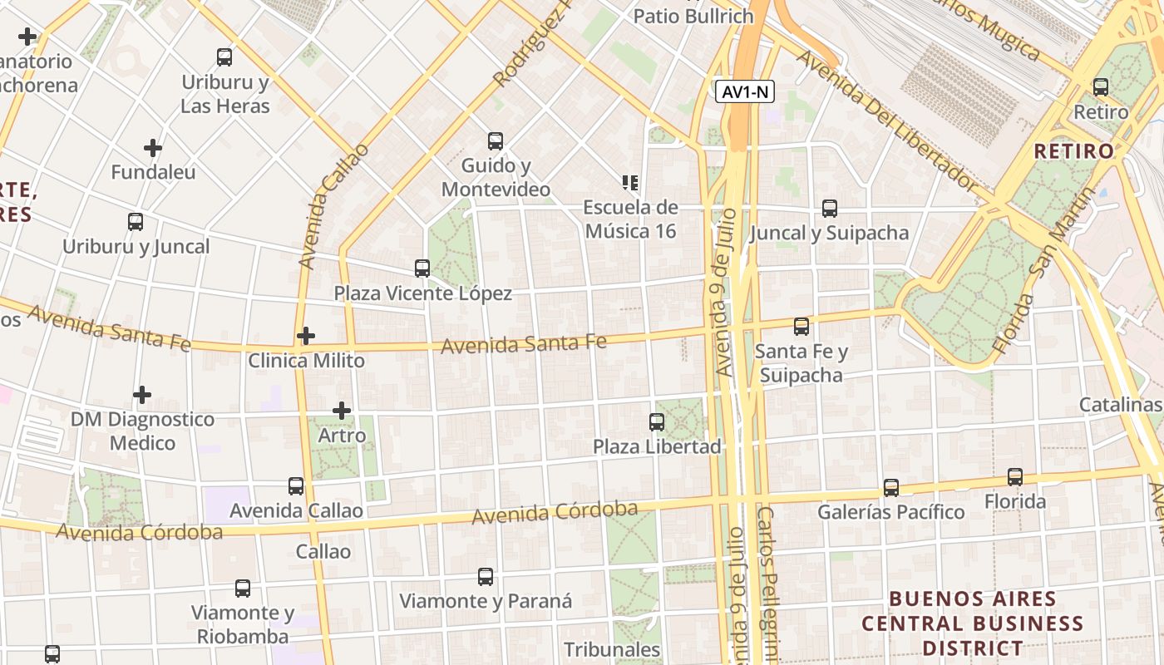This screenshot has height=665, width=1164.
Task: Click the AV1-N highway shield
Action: click(x=745, y=91)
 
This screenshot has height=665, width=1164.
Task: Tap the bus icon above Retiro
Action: click(x=1101, y=86)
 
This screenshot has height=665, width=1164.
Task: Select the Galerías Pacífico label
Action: click(x=890, y=511)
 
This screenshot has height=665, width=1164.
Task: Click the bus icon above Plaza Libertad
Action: click(x=657, y=422)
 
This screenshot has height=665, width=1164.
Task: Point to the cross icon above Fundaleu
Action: click(x=153, y=149)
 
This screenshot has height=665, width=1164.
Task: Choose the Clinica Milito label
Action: click(x=306, y=361)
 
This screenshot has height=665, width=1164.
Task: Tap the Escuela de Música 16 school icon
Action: click(x=629, y=182)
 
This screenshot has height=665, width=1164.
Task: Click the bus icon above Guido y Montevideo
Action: click(x=496, y=141)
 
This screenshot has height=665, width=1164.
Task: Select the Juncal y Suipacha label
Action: click(x=829, y=233)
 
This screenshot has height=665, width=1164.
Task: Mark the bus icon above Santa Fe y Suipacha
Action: click(x=801, y=327)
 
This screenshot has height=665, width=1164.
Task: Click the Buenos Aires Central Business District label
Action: click(x=972, y=623)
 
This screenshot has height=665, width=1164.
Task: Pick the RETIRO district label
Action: click(x=1073, y=151)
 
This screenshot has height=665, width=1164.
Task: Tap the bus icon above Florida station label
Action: click(x=1015, y=477)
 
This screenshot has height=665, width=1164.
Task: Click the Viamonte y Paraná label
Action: click(x=486, y=601)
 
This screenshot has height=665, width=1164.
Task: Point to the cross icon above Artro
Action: click(x=342, y=411)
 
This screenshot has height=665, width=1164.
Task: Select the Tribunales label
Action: click(x=612, y=649)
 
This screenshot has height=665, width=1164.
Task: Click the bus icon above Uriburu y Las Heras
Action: click(x=224, y=57)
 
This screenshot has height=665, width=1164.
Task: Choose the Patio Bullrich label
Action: click(x=693, y=16)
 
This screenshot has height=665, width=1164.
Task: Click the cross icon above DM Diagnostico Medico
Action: click(x=142, y=395)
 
